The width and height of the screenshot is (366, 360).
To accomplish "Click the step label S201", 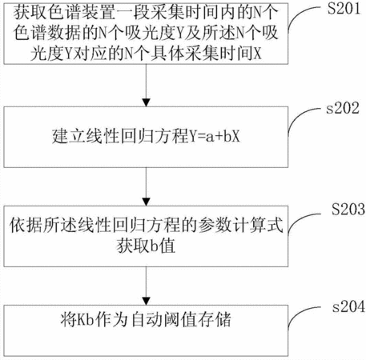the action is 344,9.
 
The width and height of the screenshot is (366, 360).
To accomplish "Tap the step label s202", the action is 343,108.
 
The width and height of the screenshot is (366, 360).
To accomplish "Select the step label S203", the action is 348,209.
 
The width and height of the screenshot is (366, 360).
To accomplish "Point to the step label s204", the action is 348,306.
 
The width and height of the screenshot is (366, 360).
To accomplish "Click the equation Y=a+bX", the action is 215,136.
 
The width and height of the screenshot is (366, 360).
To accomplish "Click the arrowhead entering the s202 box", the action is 146,102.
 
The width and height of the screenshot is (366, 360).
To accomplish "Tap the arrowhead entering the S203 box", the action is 146,202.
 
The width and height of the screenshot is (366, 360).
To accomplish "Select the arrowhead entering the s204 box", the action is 146,301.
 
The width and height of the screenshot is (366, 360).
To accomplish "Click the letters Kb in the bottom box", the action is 85,320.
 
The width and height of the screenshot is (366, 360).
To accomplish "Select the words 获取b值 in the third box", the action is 146,246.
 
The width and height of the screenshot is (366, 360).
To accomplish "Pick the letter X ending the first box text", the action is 257,54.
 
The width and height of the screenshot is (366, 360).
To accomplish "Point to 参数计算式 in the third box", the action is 240,226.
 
